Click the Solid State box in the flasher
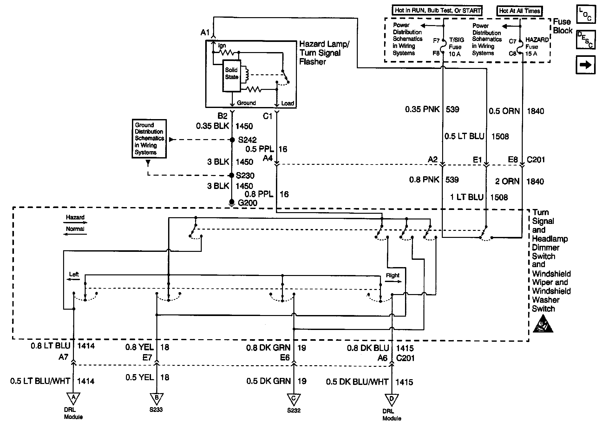232,76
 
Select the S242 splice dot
232,140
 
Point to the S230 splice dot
232,175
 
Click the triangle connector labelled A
73,398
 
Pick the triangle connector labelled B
156,398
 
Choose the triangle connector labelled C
294,399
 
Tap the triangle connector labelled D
392,399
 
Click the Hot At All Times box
520,11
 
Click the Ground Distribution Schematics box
149,139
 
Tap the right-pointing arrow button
585,65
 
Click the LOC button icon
585,14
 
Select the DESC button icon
585,40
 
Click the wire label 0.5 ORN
504,111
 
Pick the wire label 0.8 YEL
139,347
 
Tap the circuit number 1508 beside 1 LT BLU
499,197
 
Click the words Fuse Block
563,26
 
